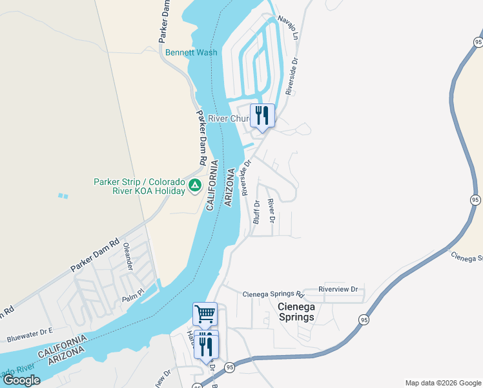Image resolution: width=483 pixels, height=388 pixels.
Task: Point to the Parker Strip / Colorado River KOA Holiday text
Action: pyautogui.click(x=139, y=186)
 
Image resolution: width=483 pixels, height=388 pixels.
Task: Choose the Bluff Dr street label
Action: pyautogui.click(x=256, y=211)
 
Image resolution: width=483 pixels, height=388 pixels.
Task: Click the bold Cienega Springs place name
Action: pyautogui.click(x=296, y=312)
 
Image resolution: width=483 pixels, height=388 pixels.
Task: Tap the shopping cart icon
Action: pyautogui.click(x=205, y=314)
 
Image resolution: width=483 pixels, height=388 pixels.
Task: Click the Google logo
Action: pyautogui.click(x=21, y=380)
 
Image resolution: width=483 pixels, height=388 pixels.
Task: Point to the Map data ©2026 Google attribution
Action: pyautogui.click(x=442, y=383)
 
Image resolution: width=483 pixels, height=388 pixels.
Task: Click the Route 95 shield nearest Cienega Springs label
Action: pyautogui.click(x=364, y=319)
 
